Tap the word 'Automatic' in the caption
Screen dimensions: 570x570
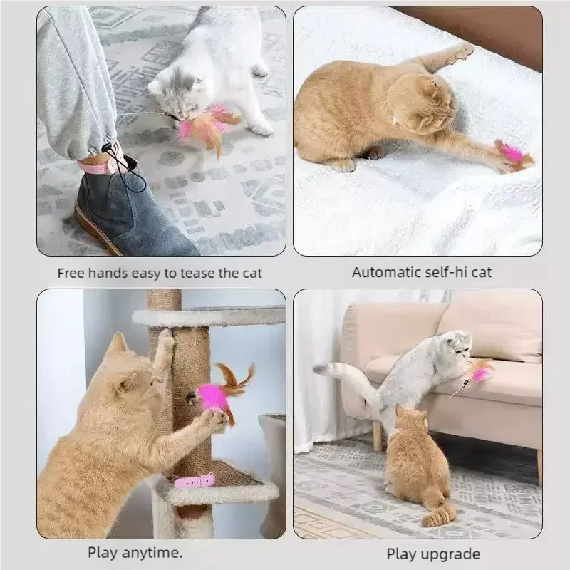coord(384,272)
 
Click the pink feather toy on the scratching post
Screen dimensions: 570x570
coord(217,395)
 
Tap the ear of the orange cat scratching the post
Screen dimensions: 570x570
coord(118,346)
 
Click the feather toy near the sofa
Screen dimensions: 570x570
coord(479,372)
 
